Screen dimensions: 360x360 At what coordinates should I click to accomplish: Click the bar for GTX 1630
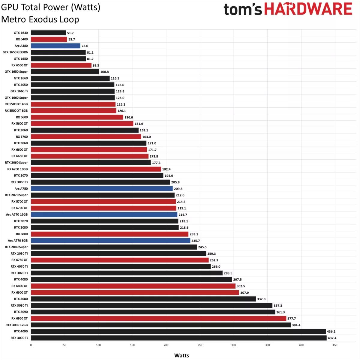pos(48,33)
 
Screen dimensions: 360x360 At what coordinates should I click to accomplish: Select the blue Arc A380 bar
pos(55,46)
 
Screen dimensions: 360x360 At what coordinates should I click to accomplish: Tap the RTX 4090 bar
pos(178,331)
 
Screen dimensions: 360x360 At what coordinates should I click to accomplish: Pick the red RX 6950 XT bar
pos(158,319)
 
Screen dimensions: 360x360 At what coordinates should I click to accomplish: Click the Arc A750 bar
pos(102,189)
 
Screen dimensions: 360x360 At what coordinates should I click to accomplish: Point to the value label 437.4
pos(332,338)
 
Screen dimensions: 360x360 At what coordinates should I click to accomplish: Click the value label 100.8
pos(104,72)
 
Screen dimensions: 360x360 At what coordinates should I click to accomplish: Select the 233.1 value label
pos(194,234)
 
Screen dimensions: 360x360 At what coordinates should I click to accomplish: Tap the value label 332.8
pos(261,299)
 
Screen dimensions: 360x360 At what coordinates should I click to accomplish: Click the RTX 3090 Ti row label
pos(19,338)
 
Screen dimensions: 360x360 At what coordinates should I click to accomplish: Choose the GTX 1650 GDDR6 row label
pos(15,52)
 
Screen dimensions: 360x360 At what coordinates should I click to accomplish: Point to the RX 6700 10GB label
pos(17,169)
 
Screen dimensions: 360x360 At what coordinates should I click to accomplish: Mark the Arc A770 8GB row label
pos(18,241)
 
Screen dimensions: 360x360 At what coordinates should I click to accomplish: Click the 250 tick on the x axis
pos(200,345)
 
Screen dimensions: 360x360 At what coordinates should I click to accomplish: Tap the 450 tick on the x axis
pos(335,345)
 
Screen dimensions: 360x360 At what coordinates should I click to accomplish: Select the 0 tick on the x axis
pos(31,345)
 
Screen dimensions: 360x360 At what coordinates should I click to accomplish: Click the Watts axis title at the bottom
pos(181,355)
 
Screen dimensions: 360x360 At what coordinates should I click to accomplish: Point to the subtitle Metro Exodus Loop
pos(40,19)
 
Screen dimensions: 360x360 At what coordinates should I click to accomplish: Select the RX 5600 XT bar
pos(82,124)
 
